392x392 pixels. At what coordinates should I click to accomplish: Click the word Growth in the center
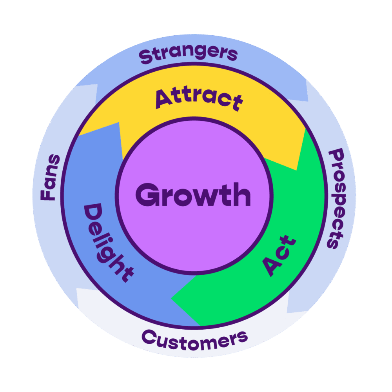click(x=193, y=195)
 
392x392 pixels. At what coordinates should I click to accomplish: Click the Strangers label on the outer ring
click(x=189, y=55)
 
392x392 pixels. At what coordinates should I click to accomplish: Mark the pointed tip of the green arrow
click(x=172, y=300)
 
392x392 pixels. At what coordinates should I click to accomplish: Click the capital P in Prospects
click(x=336, y=155)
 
